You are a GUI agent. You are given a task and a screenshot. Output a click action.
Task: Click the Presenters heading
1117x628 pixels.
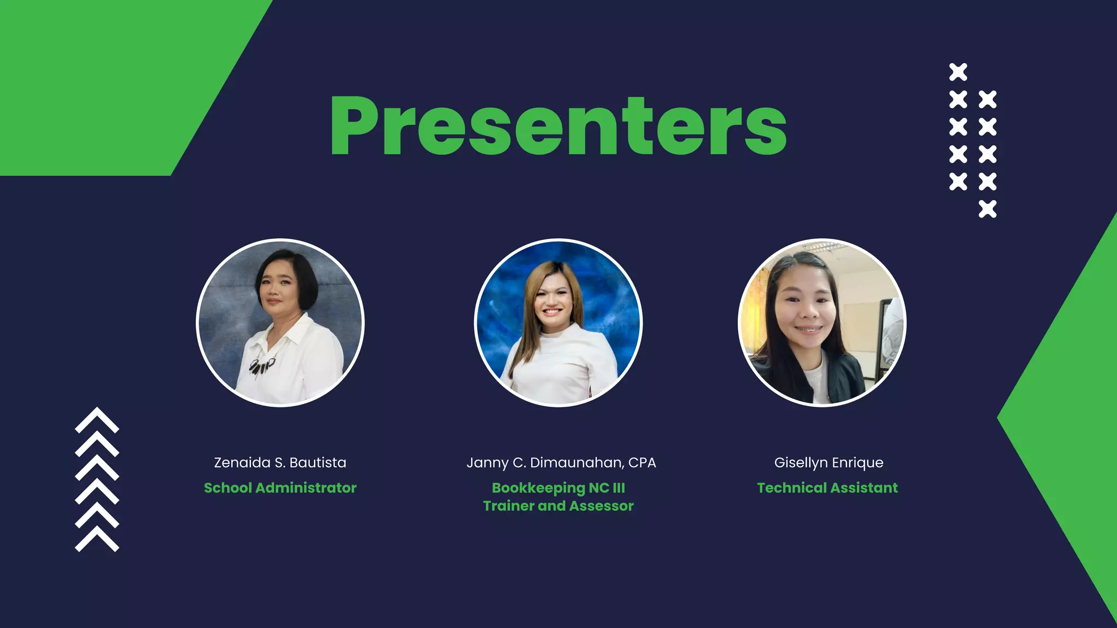(558, 126)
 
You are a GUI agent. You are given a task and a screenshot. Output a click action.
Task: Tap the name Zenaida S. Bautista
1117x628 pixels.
(280, 463)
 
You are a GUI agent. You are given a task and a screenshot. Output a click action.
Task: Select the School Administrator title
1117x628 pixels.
(280, 488)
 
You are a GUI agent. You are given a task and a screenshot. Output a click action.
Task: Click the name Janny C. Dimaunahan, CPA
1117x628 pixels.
(561, 463)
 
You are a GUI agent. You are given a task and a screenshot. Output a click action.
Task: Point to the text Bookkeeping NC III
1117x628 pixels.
(558, 488)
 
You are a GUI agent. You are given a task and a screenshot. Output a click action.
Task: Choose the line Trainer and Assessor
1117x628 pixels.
(558, 506)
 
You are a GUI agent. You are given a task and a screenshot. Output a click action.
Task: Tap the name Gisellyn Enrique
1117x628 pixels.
(828, 463)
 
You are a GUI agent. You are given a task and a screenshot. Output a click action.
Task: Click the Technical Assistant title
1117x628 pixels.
(827, 488)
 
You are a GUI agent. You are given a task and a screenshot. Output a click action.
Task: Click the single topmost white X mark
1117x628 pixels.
(958, 72)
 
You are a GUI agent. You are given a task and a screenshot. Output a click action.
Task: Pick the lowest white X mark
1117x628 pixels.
(987, 209)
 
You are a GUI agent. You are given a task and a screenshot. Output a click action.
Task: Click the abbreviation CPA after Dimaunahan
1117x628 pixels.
(642, 463)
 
